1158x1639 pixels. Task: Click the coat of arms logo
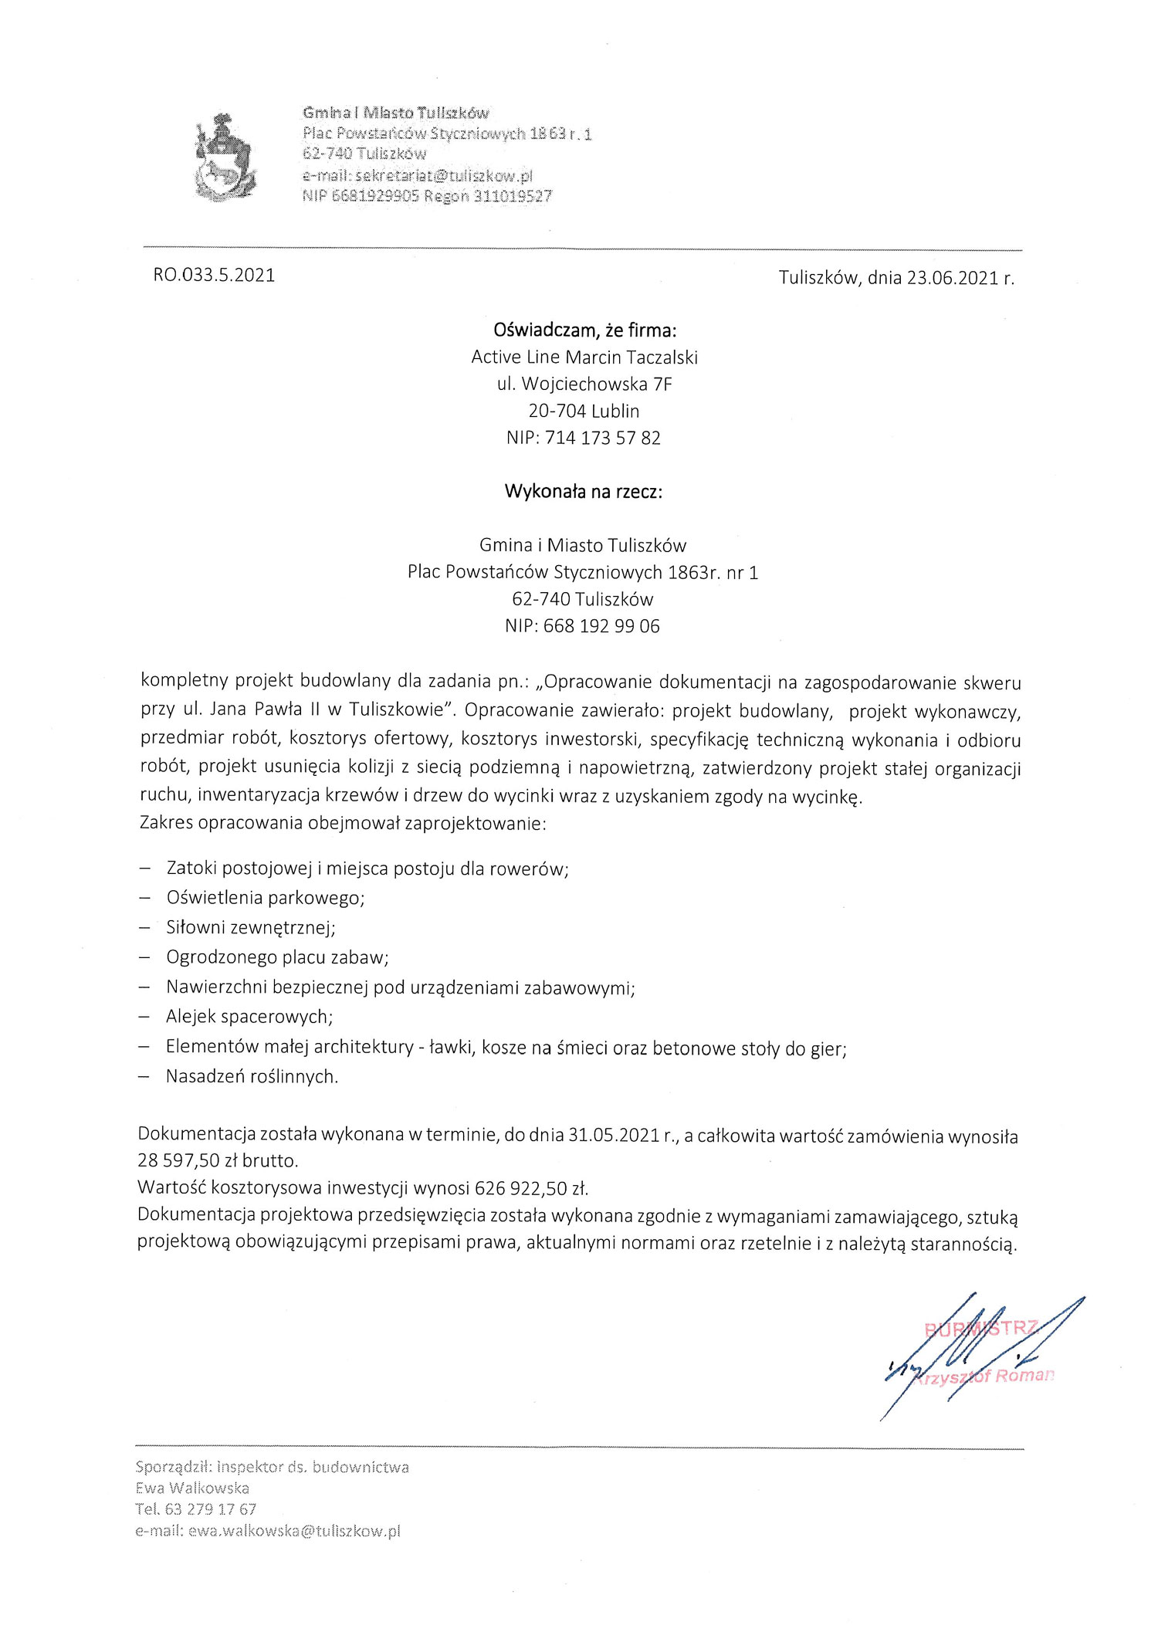224,157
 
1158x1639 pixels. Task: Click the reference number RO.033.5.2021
214,276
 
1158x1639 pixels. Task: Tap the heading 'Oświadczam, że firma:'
584,330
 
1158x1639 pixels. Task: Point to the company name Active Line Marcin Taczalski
584,357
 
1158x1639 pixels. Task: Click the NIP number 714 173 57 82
602,438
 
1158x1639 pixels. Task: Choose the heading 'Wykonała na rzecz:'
584,492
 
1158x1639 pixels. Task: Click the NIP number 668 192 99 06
601,626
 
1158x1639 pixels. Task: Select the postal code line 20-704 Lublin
584,411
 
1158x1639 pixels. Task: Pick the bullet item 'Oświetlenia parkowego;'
265,898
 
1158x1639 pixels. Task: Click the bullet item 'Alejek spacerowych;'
249,1017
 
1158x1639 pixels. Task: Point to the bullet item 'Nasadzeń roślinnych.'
252,1076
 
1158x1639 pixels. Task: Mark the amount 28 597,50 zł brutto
218,1160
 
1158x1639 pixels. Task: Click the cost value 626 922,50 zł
532,1187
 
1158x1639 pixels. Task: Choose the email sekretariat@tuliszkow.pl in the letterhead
444,175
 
